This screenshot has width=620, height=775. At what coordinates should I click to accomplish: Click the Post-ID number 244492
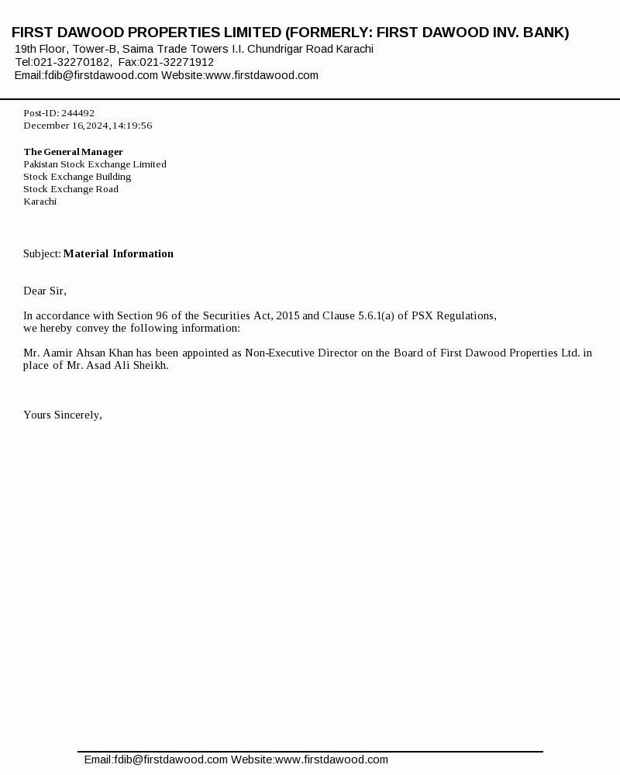click(77, 113)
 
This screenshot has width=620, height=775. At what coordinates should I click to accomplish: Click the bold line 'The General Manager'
click(73, 152)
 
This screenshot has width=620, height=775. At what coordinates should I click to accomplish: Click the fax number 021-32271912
click(177, 62)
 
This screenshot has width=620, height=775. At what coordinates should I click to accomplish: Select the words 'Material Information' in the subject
click(118, 253)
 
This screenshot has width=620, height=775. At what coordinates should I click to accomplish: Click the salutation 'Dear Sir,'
click(45, 291)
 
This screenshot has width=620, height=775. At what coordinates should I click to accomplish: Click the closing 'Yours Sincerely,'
click(63, 415)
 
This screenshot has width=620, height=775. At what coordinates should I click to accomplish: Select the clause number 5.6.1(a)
click(376, 315)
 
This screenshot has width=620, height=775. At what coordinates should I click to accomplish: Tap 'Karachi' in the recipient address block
click(40, 201)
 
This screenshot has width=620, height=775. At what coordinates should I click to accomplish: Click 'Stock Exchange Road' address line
click(71, 189)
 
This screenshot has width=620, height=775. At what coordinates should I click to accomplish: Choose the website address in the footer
click(332, 759)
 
